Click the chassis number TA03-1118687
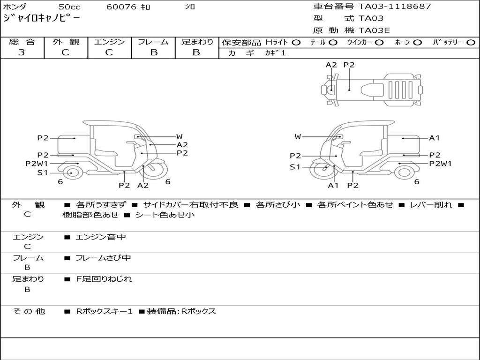click(395, 6)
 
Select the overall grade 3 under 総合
click(22, 52)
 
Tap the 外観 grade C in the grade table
click(66, 52)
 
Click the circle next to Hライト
click(296, 43)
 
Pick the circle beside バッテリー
click(471, 43)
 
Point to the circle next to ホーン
click(417, 43)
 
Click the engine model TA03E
click(374, 30)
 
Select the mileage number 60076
click(121, 7)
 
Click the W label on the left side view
click(180, 136)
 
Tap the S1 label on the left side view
click(43, 172)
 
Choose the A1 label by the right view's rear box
click(434, 138)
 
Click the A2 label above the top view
click(331, 65)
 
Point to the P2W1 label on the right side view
click(440, 164)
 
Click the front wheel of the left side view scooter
click(156, 169)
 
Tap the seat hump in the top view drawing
click(372, 90)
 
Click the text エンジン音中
click(101, 237)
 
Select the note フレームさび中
click(103, 258)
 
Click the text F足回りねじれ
click(104, 279)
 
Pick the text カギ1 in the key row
click(276, 53)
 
